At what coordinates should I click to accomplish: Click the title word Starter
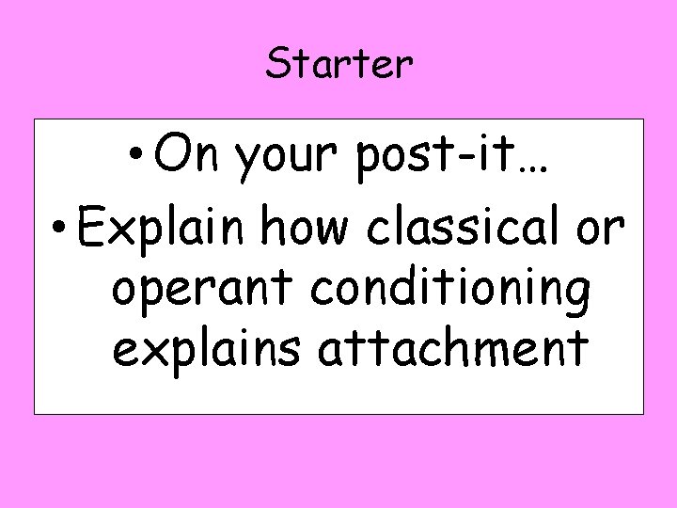(338, 64)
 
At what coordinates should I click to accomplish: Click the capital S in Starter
(276, 64)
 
